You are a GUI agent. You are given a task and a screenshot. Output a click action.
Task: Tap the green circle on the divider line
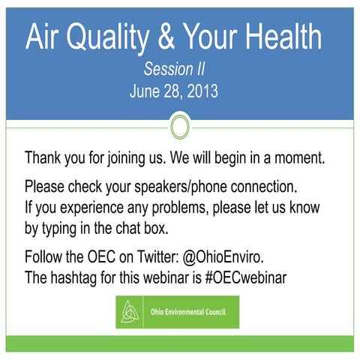[180, 125]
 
